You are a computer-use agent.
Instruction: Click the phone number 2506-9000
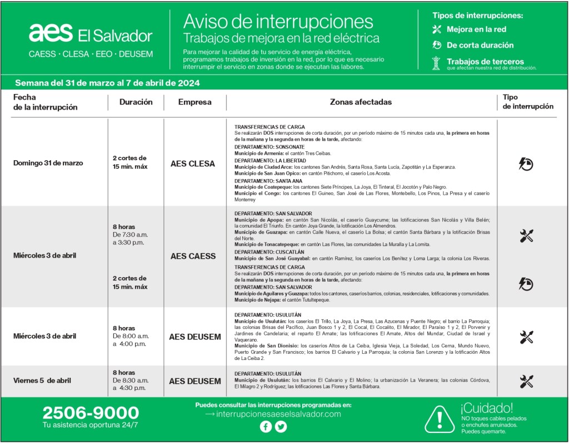point(91,413)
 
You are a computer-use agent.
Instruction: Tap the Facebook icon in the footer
point(266,427)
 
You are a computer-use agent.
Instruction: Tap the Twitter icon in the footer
point(281,427)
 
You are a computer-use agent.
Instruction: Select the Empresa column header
point(194,102)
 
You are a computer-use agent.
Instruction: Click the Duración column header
point(136,102)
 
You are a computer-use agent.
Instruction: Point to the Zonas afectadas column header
point(361,102)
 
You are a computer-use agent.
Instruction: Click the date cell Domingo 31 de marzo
point(48,163)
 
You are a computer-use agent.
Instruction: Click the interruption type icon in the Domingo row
point(526,163)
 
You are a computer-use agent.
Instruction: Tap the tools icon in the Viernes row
point(526,381)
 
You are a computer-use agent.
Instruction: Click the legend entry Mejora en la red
point(476,29)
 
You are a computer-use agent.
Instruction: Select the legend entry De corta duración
point(480,46)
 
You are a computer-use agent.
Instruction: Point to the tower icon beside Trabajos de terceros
point(436,63)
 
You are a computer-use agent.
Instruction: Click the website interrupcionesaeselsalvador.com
point(278,414)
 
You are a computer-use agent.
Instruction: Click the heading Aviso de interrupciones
point(278,21)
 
